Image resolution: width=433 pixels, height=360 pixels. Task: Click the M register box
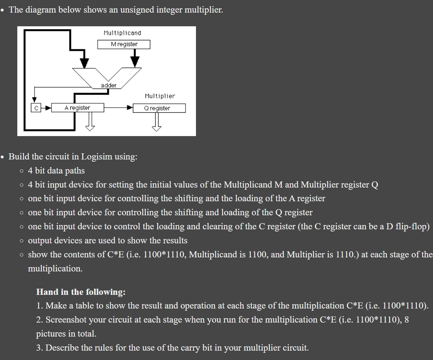tap(124, 44)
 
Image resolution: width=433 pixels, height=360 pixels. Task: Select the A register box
tap(77, 108)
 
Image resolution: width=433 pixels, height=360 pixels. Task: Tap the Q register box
tap(159, 108)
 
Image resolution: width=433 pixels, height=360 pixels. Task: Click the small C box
tap(35, 108)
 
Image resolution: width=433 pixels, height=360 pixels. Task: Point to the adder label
tap(108, 85)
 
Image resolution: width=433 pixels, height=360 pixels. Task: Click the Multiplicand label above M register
tap(122, 33)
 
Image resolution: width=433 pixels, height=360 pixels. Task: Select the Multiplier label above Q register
tap(160, 96)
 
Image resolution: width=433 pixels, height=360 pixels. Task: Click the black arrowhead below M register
tap(135, 62)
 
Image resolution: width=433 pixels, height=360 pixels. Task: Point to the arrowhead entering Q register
tap(129, 107)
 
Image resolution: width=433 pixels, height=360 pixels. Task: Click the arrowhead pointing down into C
tap(35, 99)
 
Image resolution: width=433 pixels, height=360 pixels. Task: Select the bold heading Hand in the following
tap(81, 292)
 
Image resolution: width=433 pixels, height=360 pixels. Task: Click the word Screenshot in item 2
tap(66, 320)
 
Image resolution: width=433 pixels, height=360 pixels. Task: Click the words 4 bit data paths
tap(56, 171)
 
